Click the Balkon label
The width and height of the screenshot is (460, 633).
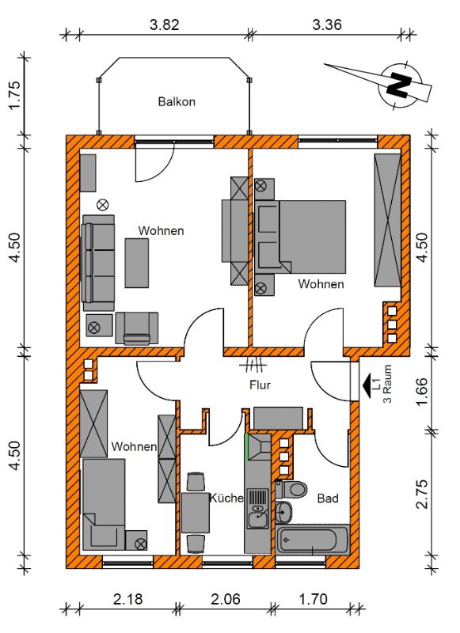point(177,101)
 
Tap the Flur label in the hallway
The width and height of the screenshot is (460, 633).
point(260,385)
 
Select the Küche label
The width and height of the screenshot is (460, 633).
point(226,498)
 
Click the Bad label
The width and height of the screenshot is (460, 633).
point(328,498)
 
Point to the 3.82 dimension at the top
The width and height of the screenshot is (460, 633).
point(165,25)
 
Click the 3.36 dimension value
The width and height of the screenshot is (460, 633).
point(327,25)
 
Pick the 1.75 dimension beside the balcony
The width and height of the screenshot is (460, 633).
point(14,95)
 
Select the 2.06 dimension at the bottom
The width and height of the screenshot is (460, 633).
point(226,599)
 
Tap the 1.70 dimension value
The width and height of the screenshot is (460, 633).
point(313,599)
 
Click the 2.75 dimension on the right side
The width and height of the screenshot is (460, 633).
point(422,494)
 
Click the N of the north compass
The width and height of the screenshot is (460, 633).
point(398,85)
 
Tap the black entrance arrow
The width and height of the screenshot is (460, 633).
point(367,386)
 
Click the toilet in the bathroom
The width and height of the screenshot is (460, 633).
point(291,489)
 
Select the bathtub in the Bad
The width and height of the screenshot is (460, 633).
point(312,540)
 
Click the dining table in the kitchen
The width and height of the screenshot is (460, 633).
point(196,513)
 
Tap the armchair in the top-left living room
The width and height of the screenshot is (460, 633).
point(136,328)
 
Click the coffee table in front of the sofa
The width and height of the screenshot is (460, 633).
point(136,263)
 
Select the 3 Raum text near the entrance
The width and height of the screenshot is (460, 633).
point(387,384)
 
